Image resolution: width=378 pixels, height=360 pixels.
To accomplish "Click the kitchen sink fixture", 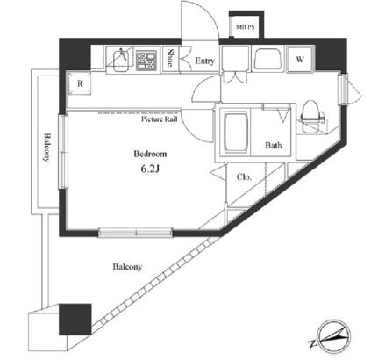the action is pyautogui.click(x=119, y=61).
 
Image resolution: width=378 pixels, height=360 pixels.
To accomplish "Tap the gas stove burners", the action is pyautogui.click(x=146, y=61).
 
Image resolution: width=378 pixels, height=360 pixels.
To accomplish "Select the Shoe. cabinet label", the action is pyautogui.click(x=169, y=59).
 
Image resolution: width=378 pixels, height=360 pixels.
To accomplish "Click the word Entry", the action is pyautogui.click(x=204, y=61).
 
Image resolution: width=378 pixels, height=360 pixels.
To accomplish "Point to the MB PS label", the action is pyautogui.click(x=246, y=27).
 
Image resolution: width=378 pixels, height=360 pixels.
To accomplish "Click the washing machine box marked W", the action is pyautogui.click(x=300, y=60).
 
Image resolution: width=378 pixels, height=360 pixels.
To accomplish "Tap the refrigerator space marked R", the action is pyautogui.click(x=80, y=83).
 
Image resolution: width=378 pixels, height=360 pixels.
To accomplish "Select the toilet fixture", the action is pyautogui.click(x=311, y=117).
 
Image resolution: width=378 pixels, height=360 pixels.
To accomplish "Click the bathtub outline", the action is pyautogui.click(x=235, y=133).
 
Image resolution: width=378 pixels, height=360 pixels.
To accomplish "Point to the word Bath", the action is pyautogui.click(x=274, y=145).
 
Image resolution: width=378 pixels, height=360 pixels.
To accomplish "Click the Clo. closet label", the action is pyautogui.click(x=244, y=177).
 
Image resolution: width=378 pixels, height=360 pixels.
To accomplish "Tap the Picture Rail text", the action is pyautogui.click(x=160, y=119).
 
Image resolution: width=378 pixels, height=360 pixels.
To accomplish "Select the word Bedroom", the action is pyautogui.click(x=150, y=154).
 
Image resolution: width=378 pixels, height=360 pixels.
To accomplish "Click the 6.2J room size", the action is pyautogui.click(x=150, y=169).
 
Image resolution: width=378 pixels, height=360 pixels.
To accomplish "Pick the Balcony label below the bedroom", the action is pyautogui.click(x=127, y=267).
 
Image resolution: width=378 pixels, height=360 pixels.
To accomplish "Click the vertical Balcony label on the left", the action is pyautogui.click(x=46, y=148).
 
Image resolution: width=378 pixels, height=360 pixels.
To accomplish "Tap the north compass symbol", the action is pyautogui.click(x=332, y=336).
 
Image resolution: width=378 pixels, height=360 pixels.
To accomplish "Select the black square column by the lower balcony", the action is pyautogui.click(x=75, y=320).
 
